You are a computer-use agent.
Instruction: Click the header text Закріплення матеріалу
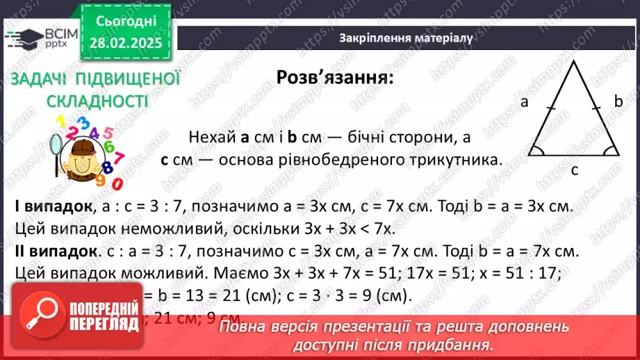(407, 38)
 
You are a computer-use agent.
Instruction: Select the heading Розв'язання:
(334, 77)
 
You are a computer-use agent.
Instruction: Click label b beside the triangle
(618, 102)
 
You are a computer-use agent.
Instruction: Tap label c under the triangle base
(574, 169)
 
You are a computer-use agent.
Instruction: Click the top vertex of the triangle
(574, 63)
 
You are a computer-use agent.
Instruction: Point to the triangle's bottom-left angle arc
(537, 150)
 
